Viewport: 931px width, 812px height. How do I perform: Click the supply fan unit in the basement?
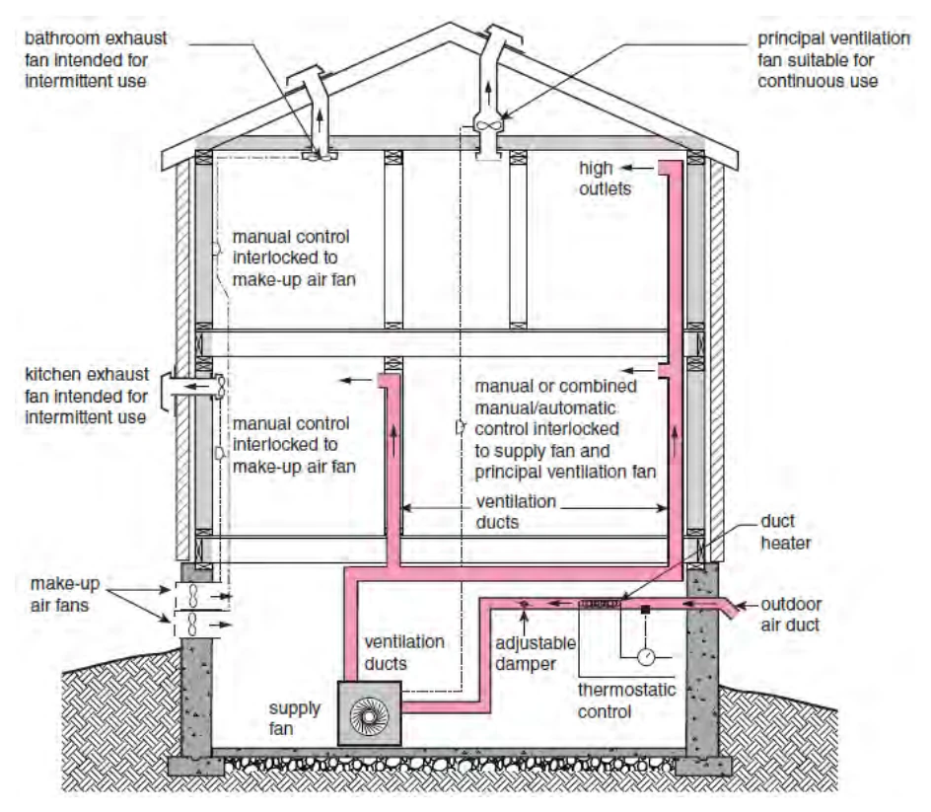(x=369, y=712)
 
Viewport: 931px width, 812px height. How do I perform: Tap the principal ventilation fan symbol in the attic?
(x=488, y=126)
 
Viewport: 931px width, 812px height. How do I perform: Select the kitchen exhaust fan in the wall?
(x=220, y=388)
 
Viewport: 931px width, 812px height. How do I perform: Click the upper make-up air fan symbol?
(x=193, y=596)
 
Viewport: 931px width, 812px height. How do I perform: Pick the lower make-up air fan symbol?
(x=193, y=625)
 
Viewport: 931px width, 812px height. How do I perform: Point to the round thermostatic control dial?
(x=646, y=657)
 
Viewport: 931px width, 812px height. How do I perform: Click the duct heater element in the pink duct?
(x=600, y=604)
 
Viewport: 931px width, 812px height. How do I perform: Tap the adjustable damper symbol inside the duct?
(x=524, y=604)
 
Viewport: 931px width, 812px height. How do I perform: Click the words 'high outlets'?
(x=605, y=179)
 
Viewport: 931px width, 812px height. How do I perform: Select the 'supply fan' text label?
(x=295, y=718)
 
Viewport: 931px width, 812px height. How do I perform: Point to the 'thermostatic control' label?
(x=626, y=701)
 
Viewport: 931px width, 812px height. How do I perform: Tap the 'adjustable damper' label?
(x=536, y=653)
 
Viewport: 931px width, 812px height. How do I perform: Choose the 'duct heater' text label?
(x=785, y=532)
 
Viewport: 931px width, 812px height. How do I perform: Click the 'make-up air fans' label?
(x=65, y=595)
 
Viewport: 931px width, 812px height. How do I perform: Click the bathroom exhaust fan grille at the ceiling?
(x=320, y=156)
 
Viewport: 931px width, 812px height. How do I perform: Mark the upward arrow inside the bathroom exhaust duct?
(x=320, y=121)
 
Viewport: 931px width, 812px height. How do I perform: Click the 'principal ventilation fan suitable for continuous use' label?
(x=833, y=60)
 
